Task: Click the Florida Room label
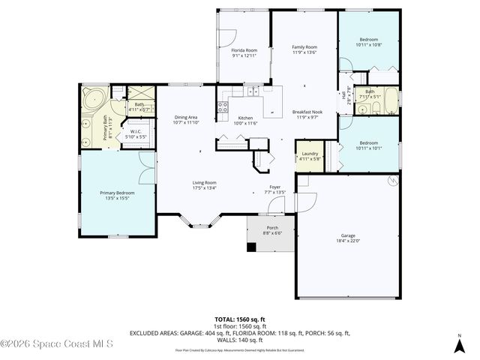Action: click(x=244, y=50)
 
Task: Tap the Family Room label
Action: click(x=304, y=47)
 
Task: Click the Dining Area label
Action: click(x=185, y=117)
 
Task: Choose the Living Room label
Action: click(x=204, y=182)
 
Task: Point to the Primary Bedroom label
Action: click(x=117, y=193)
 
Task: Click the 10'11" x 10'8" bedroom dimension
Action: click(x=368, y=45)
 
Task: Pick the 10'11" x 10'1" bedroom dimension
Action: click(x=368, y=148)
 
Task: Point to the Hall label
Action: click(x=344, y=94)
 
